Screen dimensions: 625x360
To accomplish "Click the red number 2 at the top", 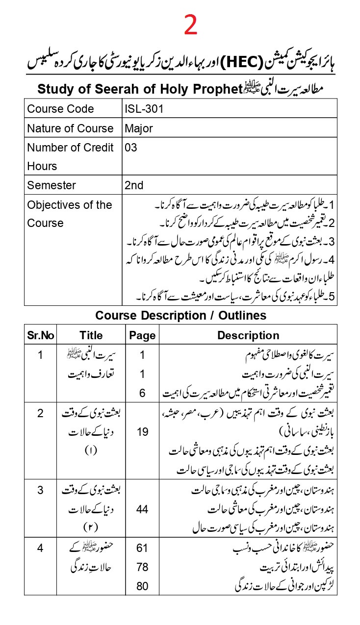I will click(x=191, y=25).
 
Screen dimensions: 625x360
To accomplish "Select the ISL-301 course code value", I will click(x=144, y=109).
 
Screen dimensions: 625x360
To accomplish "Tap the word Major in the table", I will click(x=139, y=128).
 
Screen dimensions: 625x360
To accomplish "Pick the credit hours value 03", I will click(x=131, y=148).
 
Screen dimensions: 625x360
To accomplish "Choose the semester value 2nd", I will click(x=134, y=185).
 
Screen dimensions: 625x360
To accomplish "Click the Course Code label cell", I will click(x=60, y=109).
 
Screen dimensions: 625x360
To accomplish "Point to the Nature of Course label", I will click(x=70, y=128).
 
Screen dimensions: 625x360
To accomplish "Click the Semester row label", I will click(x=51, y=185).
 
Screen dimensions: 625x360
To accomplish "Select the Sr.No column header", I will click(x=41, y=335).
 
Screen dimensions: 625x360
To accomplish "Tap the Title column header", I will click(x=91, y=335).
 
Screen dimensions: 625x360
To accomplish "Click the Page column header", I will click(x=142, y=335).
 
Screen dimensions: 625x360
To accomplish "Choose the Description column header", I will click(x=248, y=335).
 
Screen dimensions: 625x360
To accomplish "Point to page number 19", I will click(x=142, y=432).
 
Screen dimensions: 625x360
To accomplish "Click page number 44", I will click(x=142, y=509).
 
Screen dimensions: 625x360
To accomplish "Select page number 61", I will click(x=142, y=548).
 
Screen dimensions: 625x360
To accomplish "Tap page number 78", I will click(x=142, y=567).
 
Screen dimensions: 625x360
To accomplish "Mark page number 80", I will click(x=142, y=586).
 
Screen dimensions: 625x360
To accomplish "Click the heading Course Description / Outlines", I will click(x=180, y=315).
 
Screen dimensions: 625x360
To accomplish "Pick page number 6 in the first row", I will click(x=142, y=393).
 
